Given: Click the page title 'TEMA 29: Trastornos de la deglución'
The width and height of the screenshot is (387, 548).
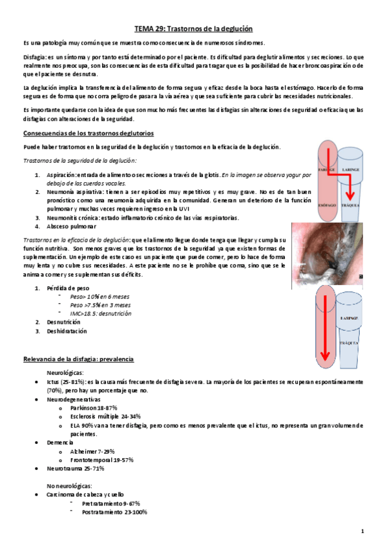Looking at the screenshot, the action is coord(193,29).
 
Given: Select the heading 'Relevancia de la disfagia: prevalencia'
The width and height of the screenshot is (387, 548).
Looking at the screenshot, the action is coord(78,358).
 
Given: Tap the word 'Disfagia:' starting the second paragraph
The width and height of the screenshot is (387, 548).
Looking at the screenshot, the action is coord(36,57).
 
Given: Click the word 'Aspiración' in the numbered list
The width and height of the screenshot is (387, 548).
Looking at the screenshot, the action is coord(61,174).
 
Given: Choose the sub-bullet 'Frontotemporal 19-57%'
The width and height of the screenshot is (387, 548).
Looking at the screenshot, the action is coord(101,458).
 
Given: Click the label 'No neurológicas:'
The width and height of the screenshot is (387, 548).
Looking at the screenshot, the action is coord(70,485).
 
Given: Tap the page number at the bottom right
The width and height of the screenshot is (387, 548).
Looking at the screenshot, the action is coord(363,531).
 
